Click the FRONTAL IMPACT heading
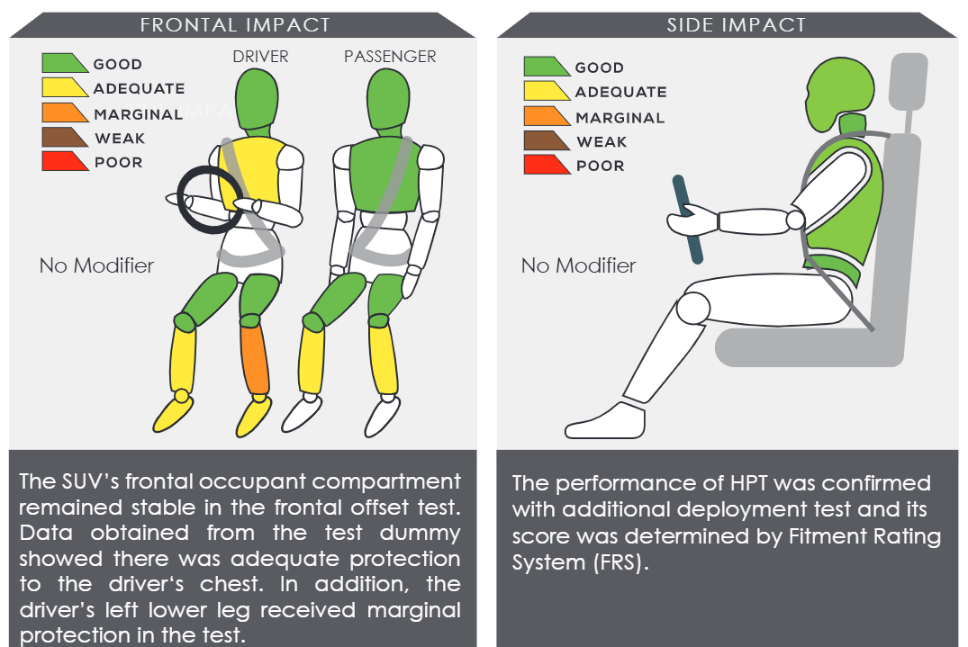(235, 24)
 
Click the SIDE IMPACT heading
(736, 24)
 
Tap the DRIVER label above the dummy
(260, 57)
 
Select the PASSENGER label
(390, 57)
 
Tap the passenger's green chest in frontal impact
(384, 175)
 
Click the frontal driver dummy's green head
(257, 99)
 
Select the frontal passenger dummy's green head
(388, 99)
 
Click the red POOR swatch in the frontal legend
(64, 161)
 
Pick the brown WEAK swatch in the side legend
(546, 140)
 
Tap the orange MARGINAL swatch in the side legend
(546, 116)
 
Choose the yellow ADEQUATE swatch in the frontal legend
(64, 87)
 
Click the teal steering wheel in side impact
(688, 220)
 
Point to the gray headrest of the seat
(909, 81)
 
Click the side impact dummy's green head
(839, 93)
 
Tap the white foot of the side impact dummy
(605, 423)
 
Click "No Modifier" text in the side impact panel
(578, 265)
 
